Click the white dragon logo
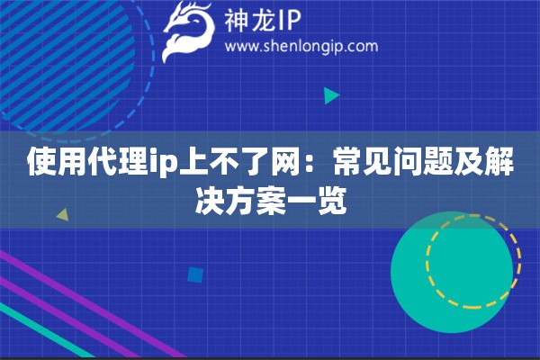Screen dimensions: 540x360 [188, 31]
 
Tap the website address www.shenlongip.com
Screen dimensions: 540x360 [301, 47]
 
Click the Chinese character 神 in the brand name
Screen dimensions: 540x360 [236, 21]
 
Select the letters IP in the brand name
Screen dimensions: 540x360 [288, 21]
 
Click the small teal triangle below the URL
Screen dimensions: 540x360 [331, 95]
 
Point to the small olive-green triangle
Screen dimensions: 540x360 [63, 214]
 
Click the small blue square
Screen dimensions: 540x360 [195, 275]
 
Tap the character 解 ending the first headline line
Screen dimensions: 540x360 [499, 162]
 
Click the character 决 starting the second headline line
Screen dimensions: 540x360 [210, 201]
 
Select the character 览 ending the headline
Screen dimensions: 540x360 [331, 201]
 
